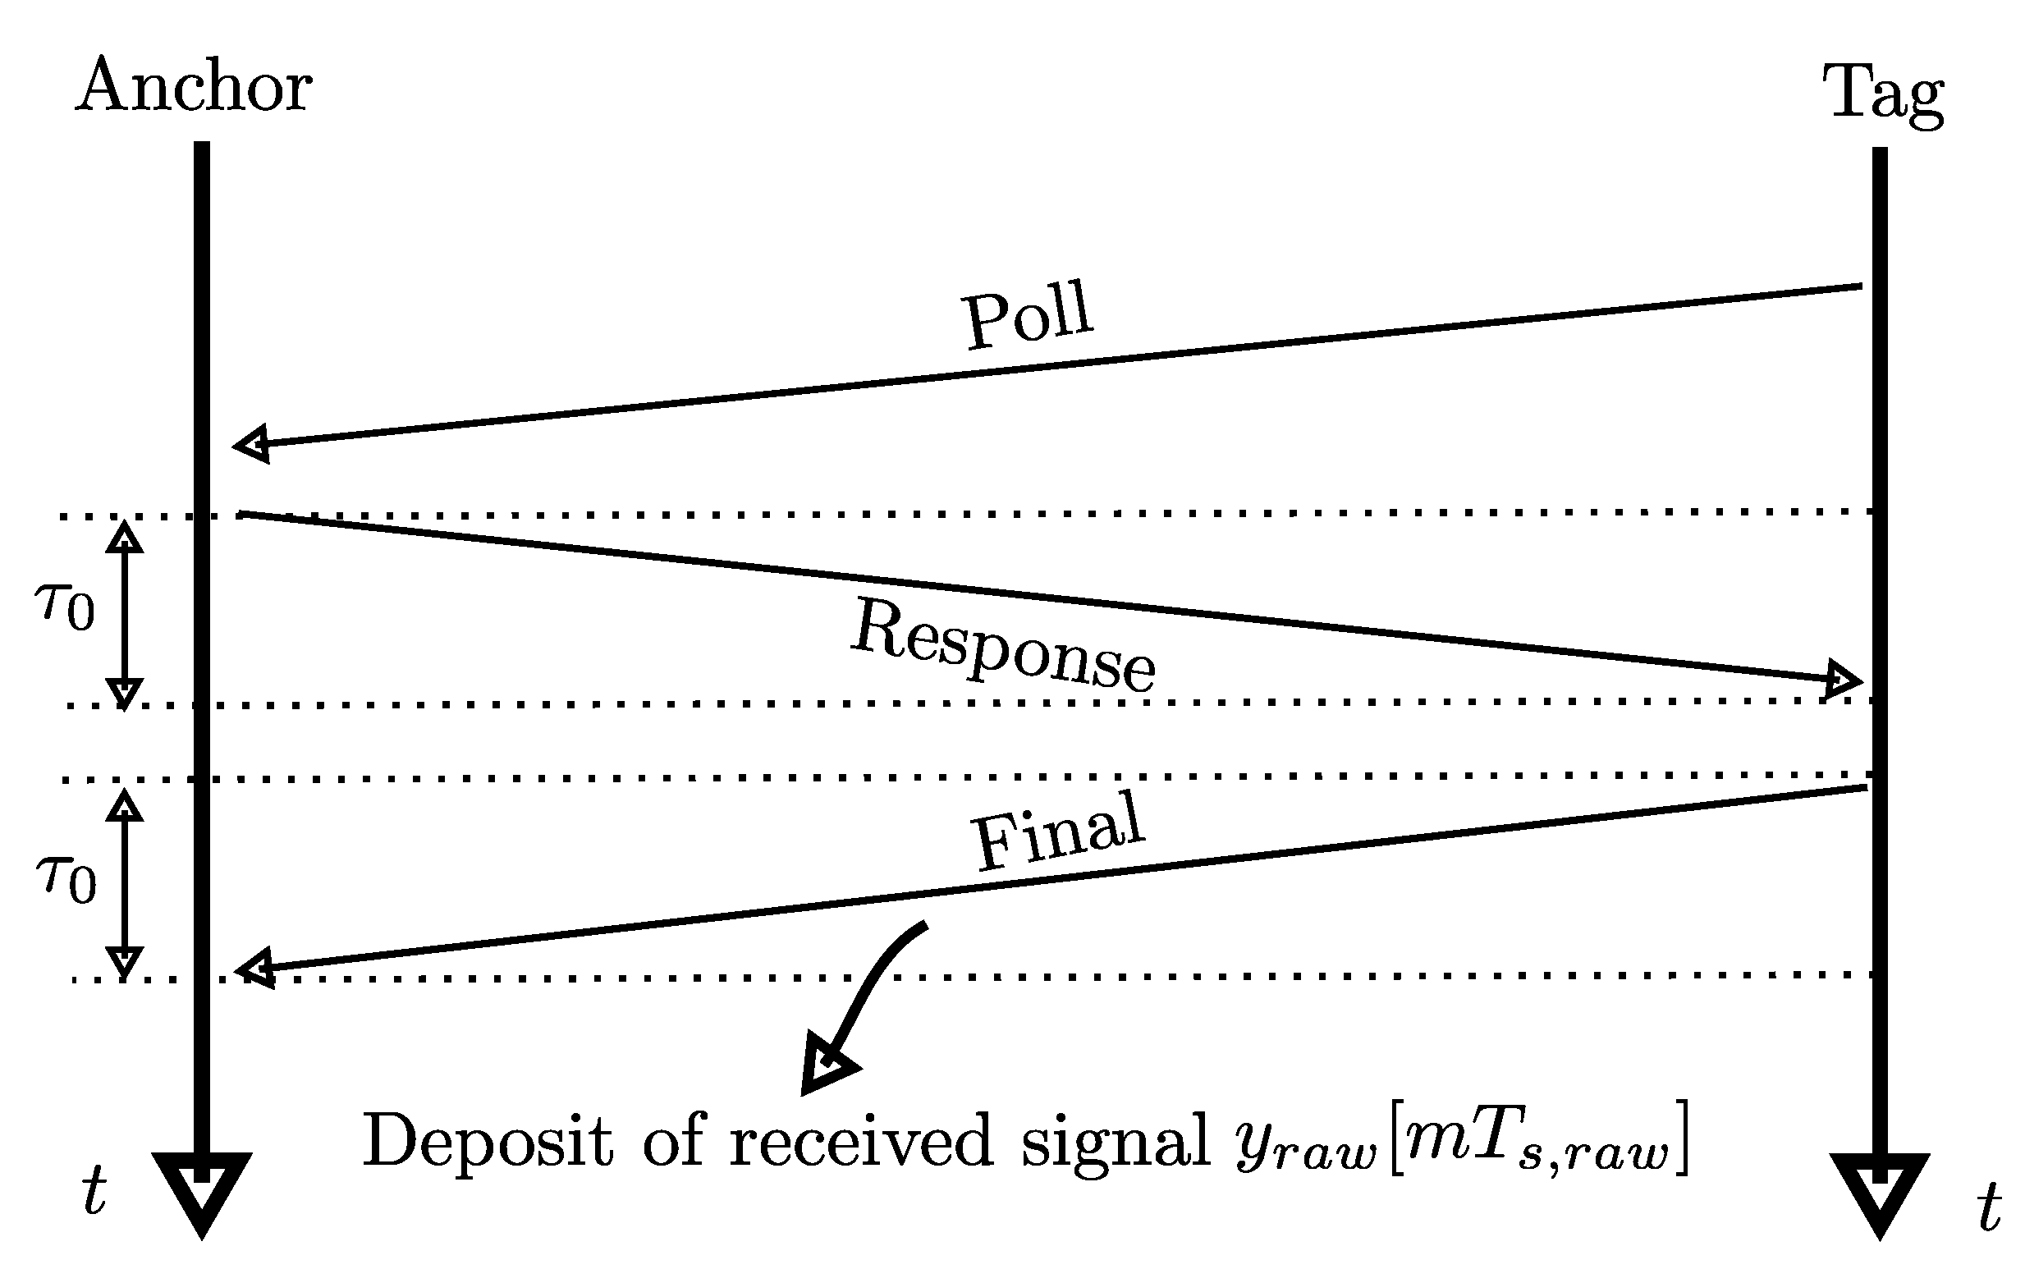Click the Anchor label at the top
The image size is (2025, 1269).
click(194, 86)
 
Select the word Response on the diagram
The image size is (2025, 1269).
click(1003, 645)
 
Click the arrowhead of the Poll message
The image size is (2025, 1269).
click(251, 443)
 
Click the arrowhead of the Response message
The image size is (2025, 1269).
click(1843, 679)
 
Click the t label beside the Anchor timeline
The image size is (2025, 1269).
click(94, 1191)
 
